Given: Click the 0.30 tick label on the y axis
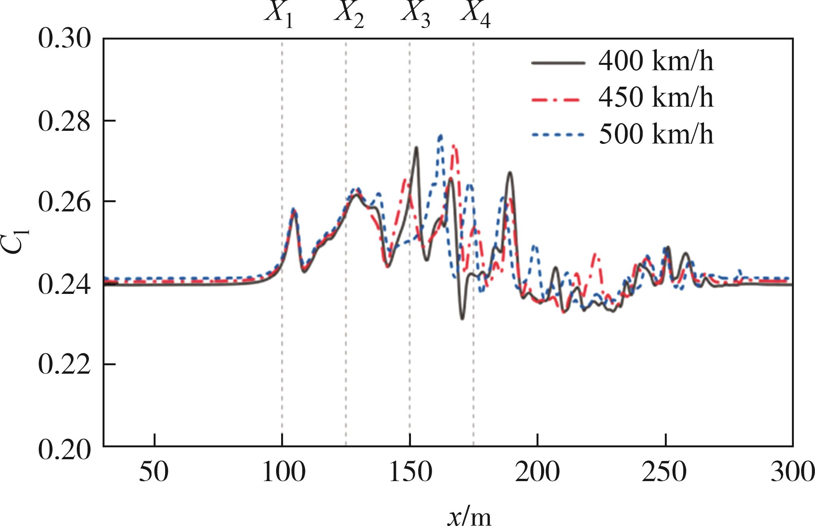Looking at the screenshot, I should (65, 39).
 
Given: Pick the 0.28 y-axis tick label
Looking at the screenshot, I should (65, 121).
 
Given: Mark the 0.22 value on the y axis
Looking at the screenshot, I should (65, 364).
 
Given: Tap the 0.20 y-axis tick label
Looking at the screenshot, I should (65, 447).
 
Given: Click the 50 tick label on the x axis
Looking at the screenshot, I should (154, 472).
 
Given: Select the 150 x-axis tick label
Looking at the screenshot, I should (410, 472).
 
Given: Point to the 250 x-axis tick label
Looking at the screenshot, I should (665, 472).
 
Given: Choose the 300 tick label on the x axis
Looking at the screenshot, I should (792, 472).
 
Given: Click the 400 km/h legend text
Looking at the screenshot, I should (656, 61).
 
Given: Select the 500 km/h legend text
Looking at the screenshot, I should (656, 135).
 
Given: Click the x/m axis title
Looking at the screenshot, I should (469, 516).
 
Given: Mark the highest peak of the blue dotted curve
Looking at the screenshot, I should (440, 135).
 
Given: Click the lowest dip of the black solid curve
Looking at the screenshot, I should (462, 318).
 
